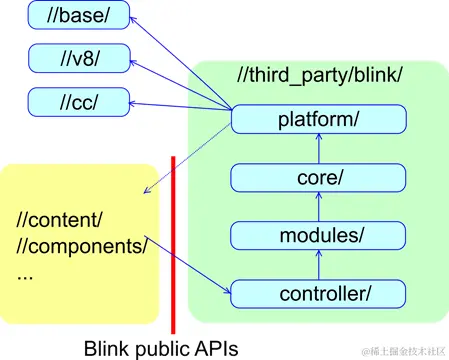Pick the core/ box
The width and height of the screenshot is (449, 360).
coord(318,178)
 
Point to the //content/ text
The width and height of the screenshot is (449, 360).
coord(61,219)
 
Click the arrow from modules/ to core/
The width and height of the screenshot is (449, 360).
coord(318,206)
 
